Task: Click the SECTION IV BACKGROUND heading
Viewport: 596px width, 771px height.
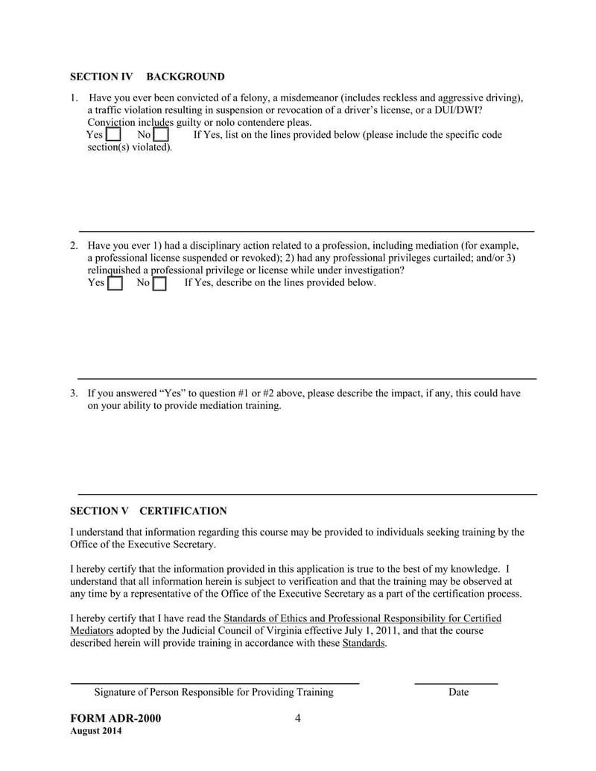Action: [147, 77]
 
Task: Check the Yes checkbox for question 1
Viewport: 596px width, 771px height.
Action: [113, 135]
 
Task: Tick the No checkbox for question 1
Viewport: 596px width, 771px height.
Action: [161, 135]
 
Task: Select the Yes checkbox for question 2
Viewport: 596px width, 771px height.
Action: [115, 284]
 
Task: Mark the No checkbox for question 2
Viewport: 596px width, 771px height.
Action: [159, 284]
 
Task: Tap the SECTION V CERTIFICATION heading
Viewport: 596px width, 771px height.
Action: [148, 511]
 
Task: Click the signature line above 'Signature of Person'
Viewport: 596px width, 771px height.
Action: [215, 682]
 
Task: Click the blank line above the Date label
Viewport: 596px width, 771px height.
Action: [455, 682]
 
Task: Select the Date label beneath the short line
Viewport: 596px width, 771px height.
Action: [458, 693]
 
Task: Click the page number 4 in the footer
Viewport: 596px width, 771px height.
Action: [297, 718]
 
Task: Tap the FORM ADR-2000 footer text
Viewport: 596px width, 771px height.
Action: [115, 719]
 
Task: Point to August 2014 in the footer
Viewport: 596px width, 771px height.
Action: [96, 731]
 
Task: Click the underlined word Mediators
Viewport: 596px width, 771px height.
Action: [92, 630]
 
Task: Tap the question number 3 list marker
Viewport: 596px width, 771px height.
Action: [74, 393]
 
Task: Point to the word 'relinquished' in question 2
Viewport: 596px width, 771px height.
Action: [114, 270]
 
